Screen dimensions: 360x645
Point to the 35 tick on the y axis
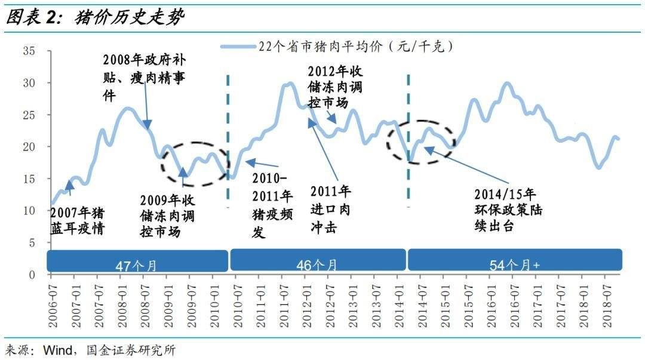[29, 51]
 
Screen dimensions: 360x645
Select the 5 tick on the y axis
[32, 243]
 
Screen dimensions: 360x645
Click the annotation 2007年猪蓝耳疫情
[78, 220]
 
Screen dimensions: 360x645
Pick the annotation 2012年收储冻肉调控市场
[334, 87]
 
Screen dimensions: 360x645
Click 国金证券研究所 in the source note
[131, 350]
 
